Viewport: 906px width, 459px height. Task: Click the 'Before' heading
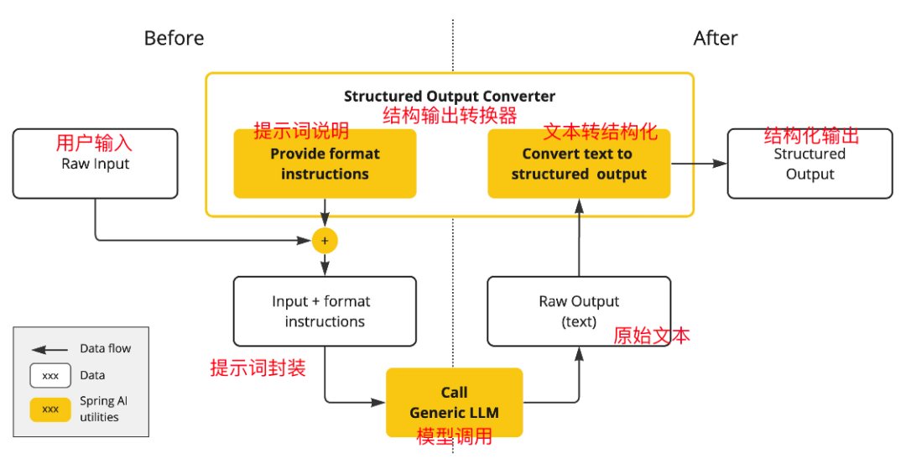(174, 38)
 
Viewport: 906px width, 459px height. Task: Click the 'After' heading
(716, 38)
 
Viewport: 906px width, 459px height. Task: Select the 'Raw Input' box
(96, 164)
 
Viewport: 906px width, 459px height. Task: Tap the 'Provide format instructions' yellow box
(325, 164)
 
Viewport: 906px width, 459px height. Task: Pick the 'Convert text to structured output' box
(579, 164)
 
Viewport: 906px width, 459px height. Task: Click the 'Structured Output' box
(810, 164)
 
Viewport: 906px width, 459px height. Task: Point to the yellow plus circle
(325, 241)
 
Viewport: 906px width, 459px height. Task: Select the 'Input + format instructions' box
(325, 311)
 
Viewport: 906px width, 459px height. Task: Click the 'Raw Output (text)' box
(579, 311)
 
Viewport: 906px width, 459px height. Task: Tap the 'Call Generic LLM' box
(454, 402)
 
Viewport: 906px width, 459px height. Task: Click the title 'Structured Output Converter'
(450, 96)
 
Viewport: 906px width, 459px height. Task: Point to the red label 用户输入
(94, 143)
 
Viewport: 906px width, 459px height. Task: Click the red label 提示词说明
(301, 132)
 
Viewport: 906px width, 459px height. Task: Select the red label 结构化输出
(811, 137)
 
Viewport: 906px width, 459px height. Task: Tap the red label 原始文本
(652, 336)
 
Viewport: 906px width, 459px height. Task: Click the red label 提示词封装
(258, 368)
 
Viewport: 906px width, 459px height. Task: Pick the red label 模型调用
(454, 436)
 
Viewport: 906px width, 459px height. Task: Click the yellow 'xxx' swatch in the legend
(50, 409)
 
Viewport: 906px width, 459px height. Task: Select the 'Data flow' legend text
(106, 348)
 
